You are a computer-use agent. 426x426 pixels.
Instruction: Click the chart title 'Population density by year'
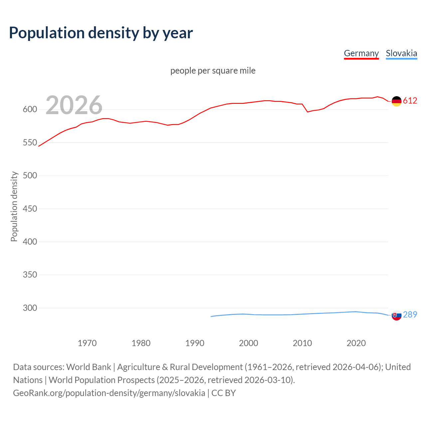(x=101, y=33)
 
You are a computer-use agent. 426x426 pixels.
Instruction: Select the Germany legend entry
(x=361, y=53)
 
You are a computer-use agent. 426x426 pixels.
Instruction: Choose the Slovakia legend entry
(x=401, y=53)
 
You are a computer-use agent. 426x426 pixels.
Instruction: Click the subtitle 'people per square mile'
(x=213, y=71)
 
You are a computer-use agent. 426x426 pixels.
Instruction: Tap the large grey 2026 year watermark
(x=74, y=105)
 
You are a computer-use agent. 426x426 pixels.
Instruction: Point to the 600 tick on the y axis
(x=30, y=109)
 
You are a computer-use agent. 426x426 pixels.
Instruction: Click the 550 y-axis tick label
(x=30, y=142)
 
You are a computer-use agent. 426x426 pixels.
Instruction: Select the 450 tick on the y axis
(x=30, y=209)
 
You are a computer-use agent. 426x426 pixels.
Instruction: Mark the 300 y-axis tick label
(x=30, y=308)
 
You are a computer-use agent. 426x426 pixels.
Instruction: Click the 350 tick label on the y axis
(x=30, y=275)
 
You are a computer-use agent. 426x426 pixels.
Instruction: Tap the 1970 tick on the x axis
(x=87, y=343)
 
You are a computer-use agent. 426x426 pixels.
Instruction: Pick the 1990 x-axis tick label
(x=195, y=343)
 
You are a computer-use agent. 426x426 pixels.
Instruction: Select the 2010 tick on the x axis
(x=302, y=343)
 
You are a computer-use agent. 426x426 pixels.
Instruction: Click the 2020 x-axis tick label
(x=356, y=343)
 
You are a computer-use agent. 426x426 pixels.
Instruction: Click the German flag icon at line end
(x=396, y=101)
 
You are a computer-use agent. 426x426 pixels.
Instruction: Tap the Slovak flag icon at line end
(x=396, y=315)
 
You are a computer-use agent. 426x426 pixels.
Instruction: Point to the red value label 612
(x=410, y=101)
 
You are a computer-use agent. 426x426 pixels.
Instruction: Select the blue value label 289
(x=410, y=315)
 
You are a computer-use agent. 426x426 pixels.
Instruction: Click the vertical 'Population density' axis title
(x=14, y=206)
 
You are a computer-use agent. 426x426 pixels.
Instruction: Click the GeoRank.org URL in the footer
(x=109, y=393)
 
